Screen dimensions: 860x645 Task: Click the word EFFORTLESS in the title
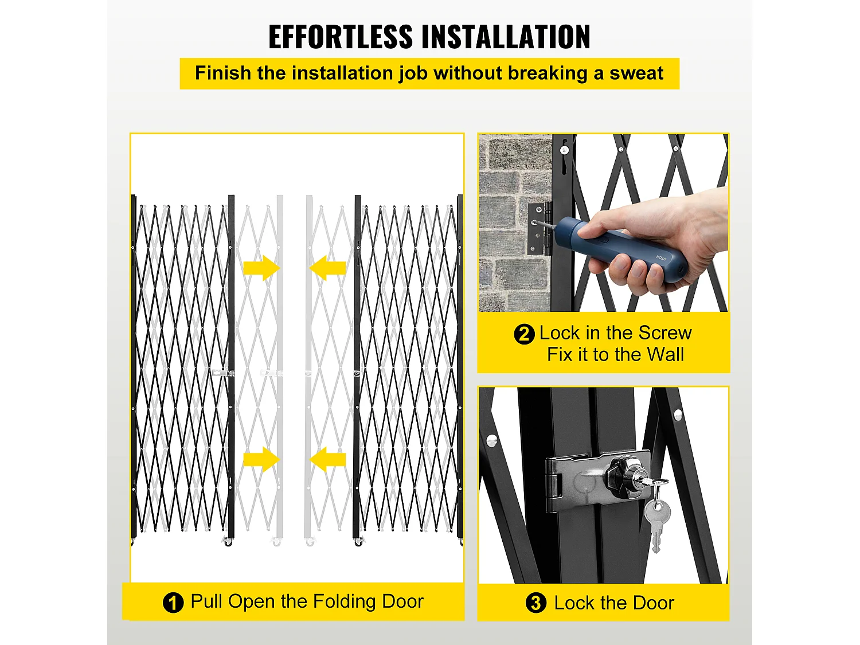pos(341,37)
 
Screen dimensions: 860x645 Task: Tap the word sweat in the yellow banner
pos(636,73)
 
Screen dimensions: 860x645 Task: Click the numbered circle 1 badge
pos(173,603)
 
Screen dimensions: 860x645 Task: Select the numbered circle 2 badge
pos(524,334)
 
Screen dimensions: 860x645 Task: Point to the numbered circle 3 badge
pos(535,603)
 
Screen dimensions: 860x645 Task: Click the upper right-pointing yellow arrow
pos(261,268)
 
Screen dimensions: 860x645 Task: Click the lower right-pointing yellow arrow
pos(261,459)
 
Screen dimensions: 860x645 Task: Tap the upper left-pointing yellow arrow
pos(327,268)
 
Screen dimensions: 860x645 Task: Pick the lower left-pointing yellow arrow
pos(327,459)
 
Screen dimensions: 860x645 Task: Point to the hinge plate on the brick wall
pos(540,229)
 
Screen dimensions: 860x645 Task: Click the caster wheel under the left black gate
pos(228,542)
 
